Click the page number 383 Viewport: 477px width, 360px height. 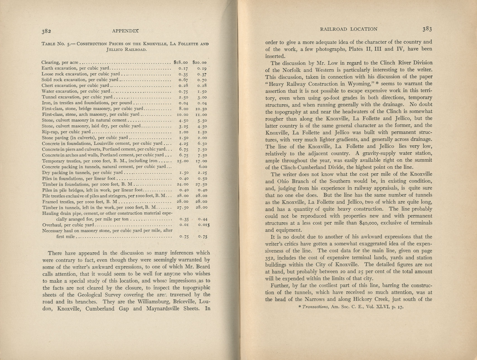coord(427,29)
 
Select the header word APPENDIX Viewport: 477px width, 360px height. coord(125,31)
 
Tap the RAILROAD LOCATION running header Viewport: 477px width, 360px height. coord(349,29)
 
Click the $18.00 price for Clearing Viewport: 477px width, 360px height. coord(180,63)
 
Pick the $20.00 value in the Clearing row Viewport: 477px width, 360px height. coord(199,63)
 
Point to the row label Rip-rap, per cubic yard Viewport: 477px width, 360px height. coord(66,132)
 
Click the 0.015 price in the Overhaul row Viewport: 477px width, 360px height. coord(204,225)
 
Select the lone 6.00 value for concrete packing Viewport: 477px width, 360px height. coord(203,167)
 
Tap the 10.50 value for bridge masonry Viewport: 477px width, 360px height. coord(201,109)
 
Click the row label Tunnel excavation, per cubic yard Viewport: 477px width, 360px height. coord(77,97)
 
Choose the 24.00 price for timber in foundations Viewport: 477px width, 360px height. coord(182,184)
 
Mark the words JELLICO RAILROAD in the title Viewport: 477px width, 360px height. coord(126,50)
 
